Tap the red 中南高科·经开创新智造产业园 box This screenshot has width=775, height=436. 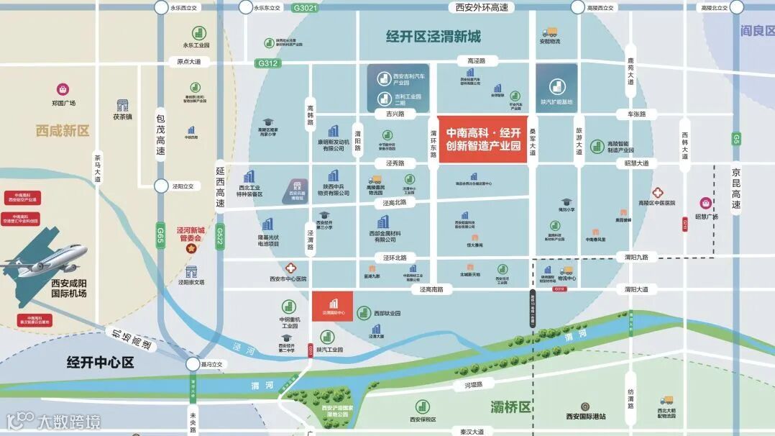pos(483,140)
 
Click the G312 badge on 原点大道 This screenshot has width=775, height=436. pos(267,63)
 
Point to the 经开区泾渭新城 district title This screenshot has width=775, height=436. pos(433,37)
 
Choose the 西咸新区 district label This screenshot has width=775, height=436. pos(63,131)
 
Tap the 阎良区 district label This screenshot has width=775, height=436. pos(757,30)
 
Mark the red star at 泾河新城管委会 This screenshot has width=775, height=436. pos(191,248)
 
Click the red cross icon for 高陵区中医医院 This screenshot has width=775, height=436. pos(657,192)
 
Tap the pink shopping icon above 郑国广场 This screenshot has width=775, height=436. pos(63,89)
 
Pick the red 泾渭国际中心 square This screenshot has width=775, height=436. pos(333,306)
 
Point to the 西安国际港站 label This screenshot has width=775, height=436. pos(585,416)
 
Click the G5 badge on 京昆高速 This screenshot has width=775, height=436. pos(736,138)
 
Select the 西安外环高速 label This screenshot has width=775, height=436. pos(482,7)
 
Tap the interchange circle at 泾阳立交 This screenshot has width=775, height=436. pos(160,185)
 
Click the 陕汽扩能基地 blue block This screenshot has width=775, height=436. pos(556,88)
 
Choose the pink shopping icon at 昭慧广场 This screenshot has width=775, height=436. pos(706,204)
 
